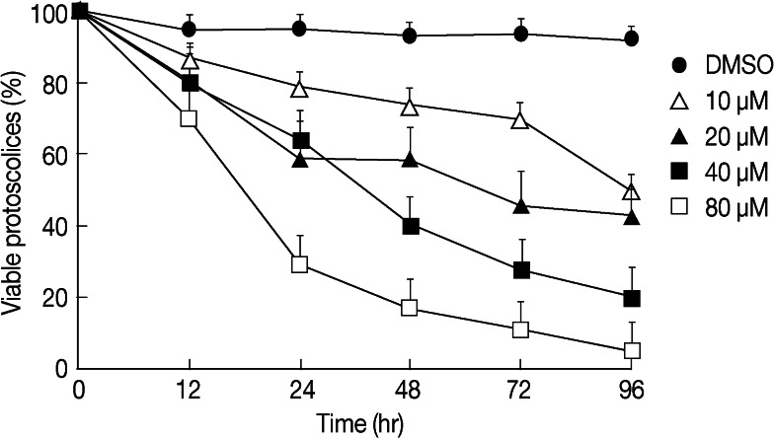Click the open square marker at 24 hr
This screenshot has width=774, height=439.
pyautogui.click(x=300, y=263)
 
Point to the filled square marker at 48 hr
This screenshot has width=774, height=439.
pyautogui.click(x=411, y=226)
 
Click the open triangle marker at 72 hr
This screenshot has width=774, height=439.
pyautogui.click(x=521, y=120)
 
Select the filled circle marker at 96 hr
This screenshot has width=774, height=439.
pyautogui.click(x=632, y=39)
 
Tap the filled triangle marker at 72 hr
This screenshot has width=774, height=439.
pyautogui.click(x=521, y=206)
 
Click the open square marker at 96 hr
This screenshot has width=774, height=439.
pyautogui.click(x=633, y=350)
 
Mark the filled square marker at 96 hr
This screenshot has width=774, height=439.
pyautogui.click(x=633, y=298)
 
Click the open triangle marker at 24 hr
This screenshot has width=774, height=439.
pyautogui.click(x=300, y=88)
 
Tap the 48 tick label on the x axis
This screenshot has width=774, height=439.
pyautogui.click(x=411, y=390)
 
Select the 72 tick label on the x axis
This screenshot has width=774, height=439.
pyautogui.click(x=521, y=390)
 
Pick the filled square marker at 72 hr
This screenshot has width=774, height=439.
pyautogui.click(x=521, y=270)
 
